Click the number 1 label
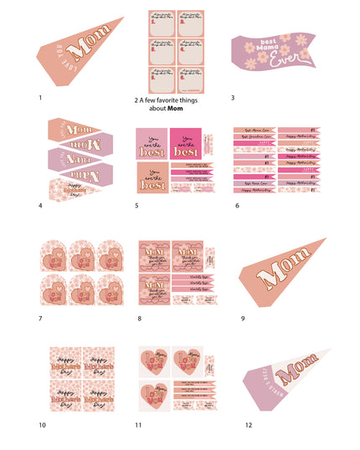(40, 98)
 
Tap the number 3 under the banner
(233, 98)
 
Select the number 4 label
(40, 204)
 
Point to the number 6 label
(237, 204)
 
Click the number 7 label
(40, 319)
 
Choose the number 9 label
(243, 319)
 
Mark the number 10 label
(42, 425)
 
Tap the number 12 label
(248, 425)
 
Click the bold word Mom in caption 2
(175, 108)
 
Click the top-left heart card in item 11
(154, 361)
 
